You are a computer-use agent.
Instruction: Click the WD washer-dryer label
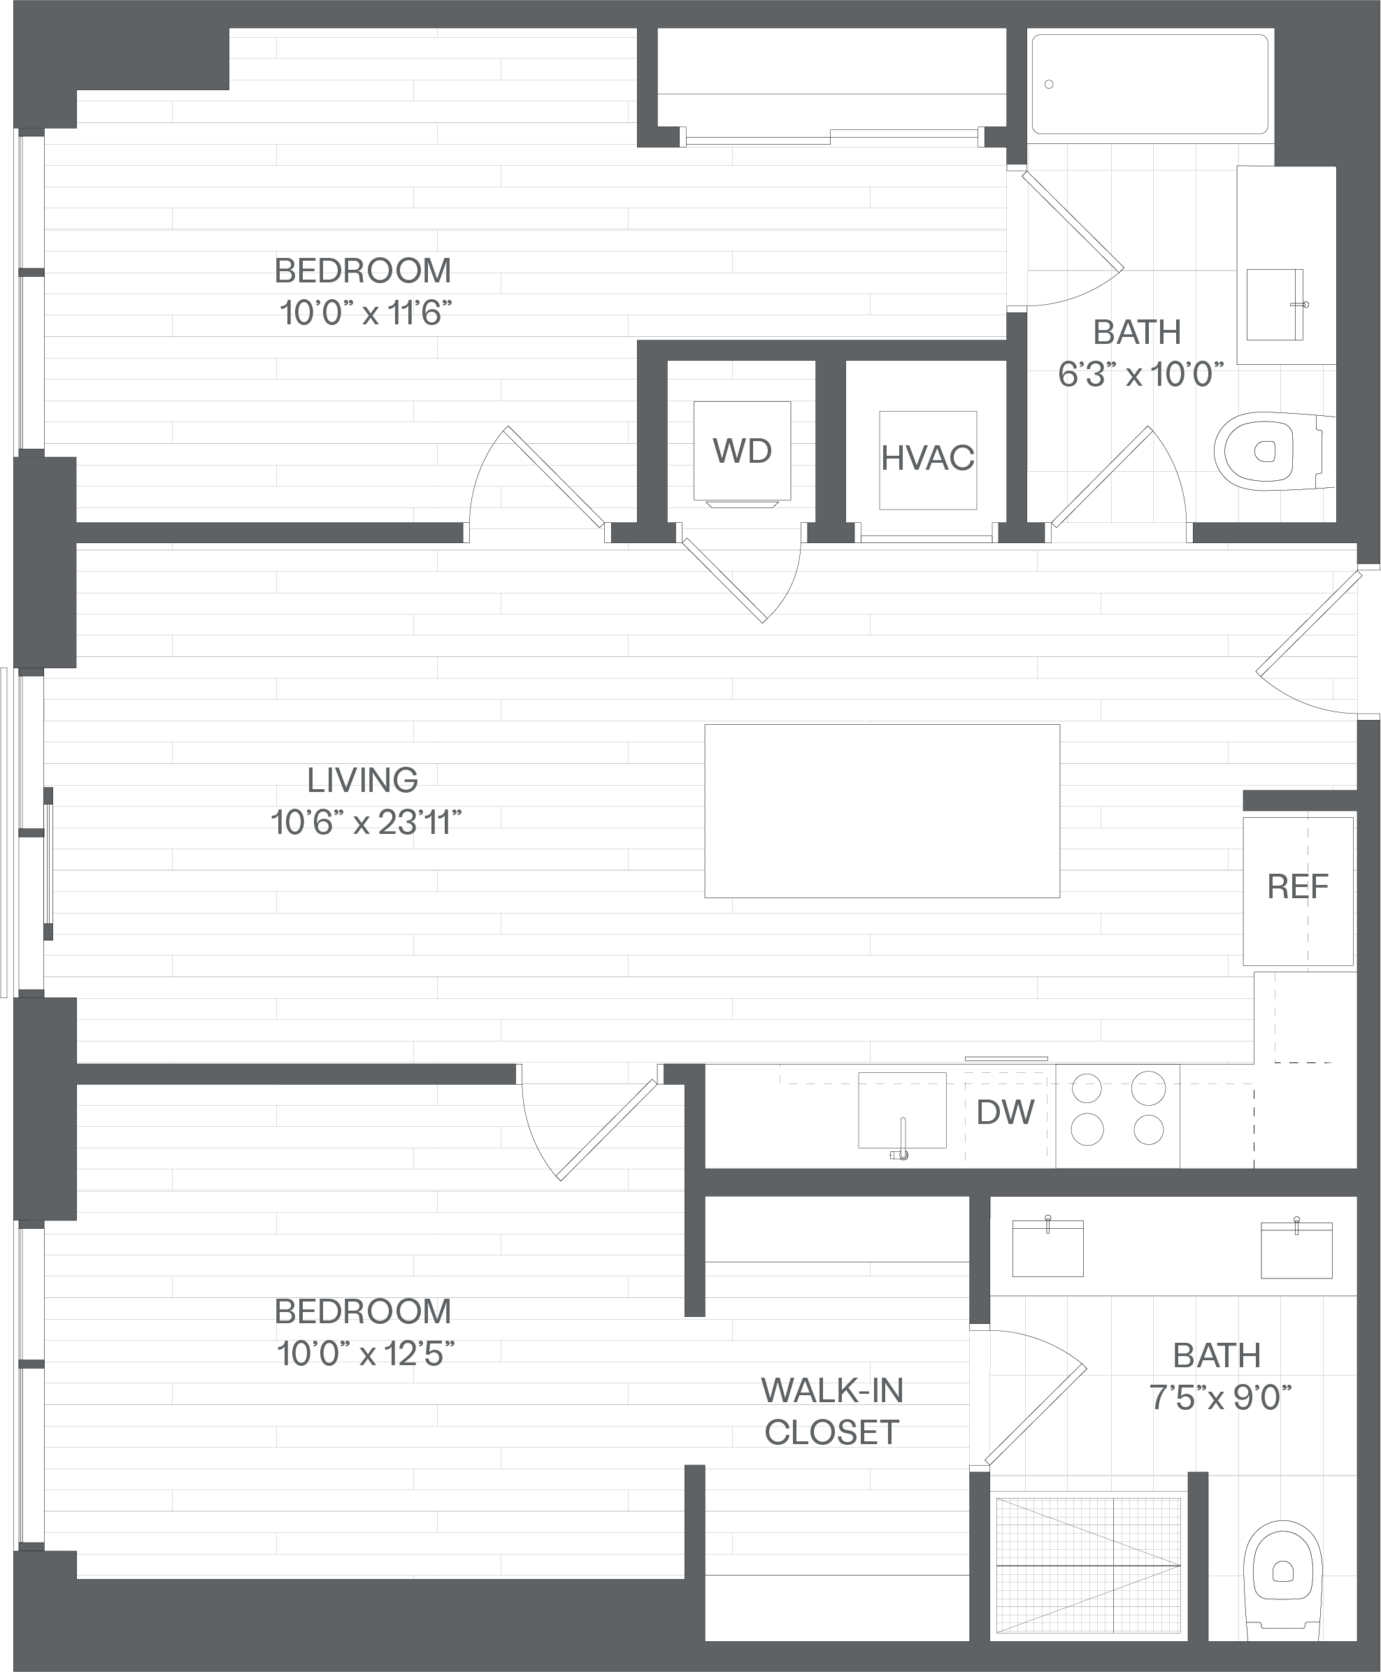point(742,451)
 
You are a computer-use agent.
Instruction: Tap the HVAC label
point(928,458)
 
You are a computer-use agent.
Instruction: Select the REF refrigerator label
point(1298,886)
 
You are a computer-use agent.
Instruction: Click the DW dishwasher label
point(1006,1112)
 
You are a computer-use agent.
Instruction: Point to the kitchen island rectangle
point(882,811)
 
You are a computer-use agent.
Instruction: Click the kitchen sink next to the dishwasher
point(902,1111)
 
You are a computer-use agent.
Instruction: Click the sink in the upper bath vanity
point(1275,305)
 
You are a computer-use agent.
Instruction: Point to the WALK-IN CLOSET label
point(832,1411)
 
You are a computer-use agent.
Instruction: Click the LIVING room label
point(363,780)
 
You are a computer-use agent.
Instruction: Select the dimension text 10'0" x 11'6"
point(366,313)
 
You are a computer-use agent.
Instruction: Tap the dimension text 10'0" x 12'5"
point(366,1353)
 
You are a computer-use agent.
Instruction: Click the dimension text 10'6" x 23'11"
point(366,823)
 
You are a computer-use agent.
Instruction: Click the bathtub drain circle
point(1050,85)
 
